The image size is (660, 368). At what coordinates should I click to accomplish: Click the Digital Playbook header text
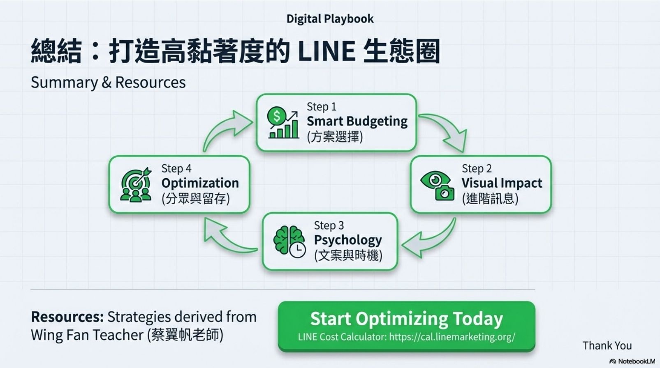coord(330,19)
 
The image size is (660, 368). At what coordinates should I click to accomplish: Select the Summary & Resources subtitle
coord(108,83)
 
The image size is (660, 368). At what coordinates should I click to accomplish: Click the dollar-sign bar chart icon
coord(283,123)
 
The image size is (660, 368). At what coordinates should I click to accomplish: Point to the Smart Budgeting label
coord(357,121)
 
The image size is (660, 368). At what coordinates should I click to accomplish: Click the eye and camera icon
coord(437,185)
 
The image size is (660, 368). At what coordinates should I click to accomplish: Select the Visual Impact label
coord(502,183)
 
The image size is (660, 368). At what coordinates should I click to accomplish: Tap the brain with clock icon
coord(289,241)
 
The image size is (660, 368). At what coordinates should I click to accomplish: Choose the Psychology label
coord(348,240)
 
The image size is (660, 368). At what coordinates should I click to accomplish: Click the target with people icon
coord(136,185)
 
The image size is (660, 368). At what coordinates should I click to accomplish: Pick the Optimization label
coord(200,183)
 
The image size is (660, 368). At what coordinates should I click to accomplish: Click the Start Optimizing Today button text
coord(406,319)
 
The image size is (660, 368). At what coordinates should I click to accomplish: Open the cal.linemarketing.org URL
coord(452,337)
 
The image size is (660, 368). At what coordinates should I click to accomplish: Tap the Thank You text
coord(607,346)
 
